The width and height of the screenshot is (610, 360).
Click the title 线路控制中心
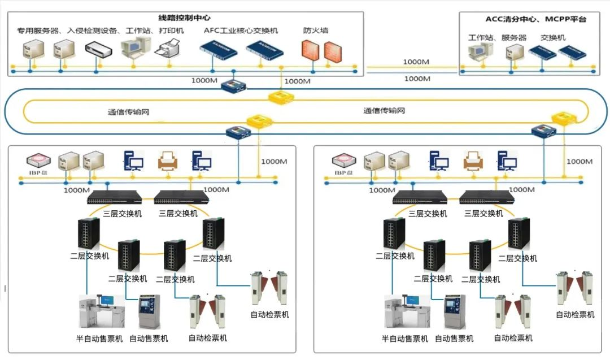click(185, 18)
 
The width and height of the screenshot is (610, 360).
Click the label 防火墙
click(316, 31)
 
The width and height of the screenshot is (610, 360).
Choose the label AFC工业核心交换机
click(241, 31)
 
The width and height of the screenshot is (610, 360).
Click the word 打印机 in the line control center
click(171, 31)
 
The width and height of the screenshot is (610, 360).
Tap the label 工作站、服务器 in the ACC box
click(497, 38)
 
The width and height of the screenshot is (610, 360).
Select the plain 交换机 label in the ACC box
click(554, 38)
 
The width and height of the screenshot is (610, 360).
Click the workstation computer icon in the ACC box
click(480, 53)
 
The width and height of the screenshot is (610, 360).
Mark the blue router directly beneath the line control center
click(234, 86)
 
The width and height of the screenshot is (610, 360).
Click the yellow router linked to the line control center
click(282, 98)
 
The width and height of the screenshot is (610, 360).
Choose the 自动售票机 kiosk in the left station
click(149, 311)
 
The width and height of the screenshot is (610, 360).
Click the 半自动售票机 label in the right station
click(404, 339)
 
